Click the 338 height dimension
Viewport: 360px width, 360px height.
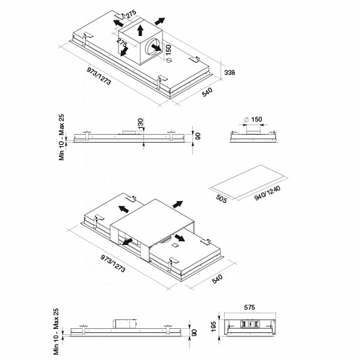[229, 72]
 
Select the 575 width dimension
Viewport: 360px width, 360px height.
[250, 307]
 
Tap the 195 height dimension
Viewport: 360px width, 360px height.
[214, 326]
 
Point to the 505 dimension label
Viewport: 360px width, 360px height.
[221, 199]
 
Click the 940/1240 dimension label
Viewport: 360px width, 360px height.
[267, 193]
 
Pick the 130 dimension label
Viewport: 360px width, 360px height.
[141, 122]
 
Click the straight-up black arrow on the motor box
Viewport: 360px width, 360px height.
[140, 30]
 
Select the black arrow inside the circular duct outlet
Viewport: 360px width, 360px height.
[156, 48]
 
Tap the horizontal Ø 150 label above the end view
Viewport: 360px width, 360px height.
[253, 119]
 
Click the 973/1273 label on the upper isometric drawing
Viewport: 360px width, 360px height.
[99, 76]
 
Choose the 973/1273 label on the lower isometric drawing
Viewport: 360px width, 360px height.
[113, 264]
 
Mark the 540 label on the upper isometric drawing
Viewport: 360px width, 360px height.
[207, 92]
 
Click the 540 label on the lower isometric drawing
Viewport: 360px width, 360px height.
[217, 279]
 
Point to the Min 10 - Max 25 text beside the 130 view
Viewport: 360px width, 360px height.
[62, 137]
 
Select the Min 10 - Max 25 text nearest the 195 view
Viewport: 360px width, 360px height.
[56, 332]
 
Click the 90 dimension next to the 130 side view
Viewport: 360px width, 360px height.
[198, 136]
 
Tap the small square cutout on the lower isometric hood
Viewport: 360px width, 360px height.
[175, 245]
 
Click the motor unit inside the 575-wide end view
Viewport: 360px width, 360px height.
[250, 324]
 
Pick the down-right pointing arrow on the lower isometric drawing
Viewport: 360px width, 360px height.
[180, 238]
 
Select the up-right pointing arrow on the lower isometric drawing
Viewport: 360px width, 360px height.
[178, 204]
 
